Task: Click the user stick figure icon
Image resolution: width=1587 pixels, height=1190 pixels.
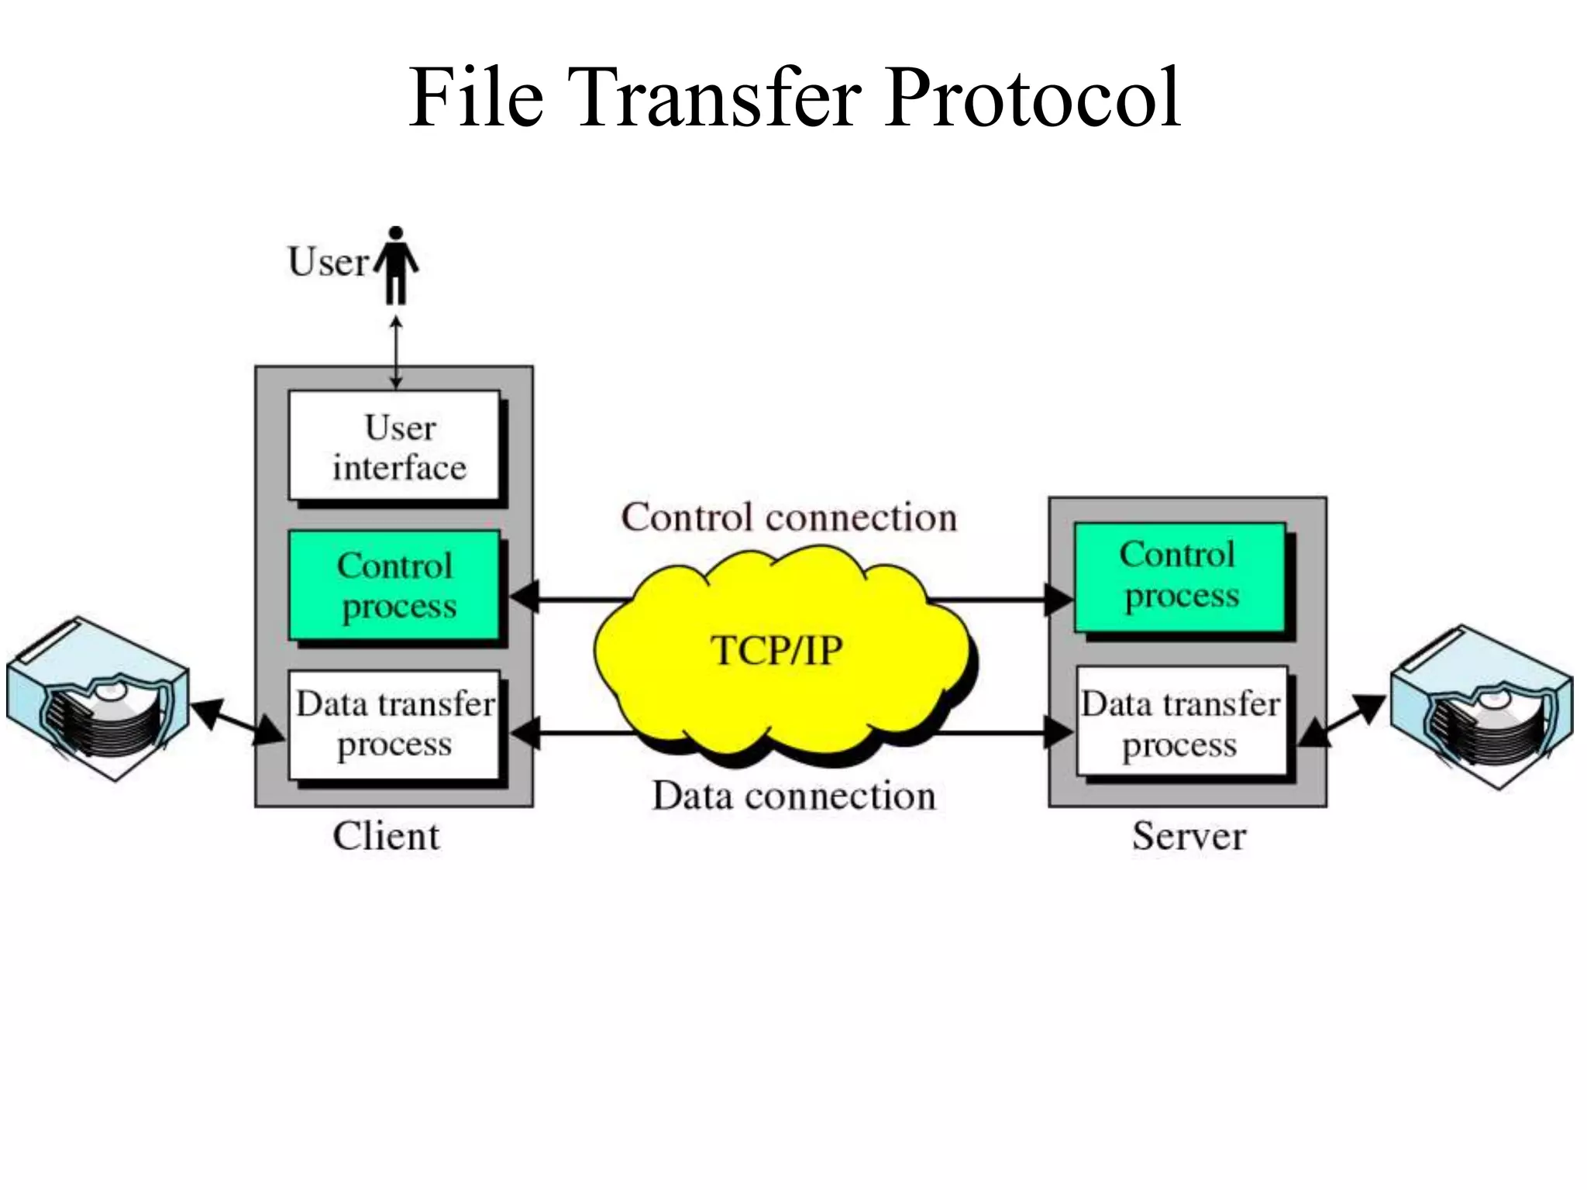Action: tap(396, 265)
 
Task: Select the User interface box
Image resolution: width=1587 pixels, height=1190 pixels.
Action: tap(394, 446)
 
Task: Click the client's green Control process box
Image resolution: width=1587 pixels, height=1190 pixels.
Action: tap(394, 586)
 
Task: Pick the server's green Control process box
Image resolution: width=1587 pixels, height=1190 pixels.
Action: tap(1179, 576)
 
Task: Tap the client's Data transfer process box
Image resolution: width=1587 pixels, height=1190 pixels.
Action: tap(394, 724)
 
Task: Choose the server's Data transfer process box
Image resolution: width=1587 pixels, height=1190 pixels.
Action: tap(1181, 722)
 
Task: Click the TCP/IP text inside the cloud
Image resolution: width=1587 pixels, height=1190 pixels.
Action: tap(776, 651)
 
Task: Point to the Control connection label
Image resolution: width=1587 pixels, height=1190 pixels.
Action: tap(789, 518)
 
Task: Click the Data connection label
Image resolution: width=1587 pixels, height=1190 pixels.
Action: tap(793, 796)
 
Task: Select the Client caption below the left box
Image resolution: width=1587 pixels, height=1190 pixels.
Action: tap(386, 837)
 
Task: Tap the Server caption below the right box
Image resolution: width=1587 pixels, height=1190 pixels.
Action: tap(1189, 837)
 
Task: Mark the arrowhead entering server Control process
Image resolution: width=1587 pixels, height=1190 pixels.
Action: tap(1059, 600)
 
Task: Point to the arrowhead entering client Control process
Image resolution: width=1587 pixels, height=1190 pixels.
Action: tap(525, 599)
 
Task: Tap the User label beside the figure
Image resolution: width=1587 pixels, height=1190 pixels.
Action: tap(328, 262)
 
